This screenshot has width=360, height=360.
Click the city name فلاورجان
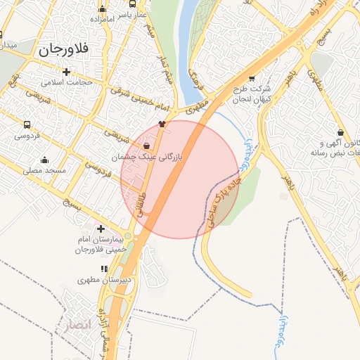pyautogui.click(x=64, y=49)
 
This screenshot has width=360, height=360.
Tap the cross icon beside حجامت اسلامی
pyautogui.click(x=67, y=72)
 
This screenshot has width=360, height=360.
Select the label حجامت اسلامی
pyautogui.click(x=67, y=82)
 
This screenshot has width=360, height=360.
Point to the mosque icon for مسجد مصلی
pyautogui.click(x=45, y=160)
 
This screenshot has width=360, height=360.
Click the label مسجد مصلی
pyautogui.click(x=44, y=170)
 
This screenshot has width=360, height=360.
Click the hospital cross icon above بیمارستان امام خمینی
pyautogui.click(x=101, y=229)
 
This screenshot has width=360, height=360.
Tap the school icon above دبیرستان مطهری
pyautogui.click(x=105, y=269)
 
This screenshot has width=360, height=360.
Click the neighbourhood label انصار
pyautogui.click(x=75, y=325)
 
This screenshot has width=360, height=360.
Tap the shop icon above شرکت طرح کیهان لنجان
pyautogui.click(x=252, y=78)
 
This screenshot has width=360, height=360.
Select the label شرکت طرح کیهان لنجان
pyautogui.click(x=250, y=94)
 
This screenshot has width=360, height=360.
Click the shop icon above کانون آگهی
pyautogui.click(x=340, y=131)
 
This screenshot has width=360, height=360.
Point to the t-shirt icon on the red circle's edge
pyautogui.click(x=162, y=123)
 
